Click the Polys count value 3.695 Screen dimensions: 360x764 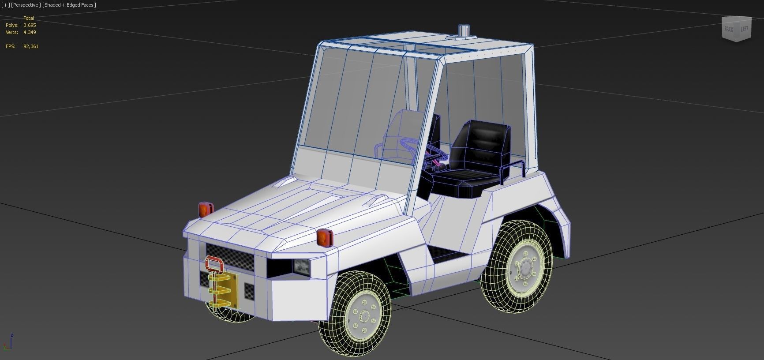[x=30, y=25]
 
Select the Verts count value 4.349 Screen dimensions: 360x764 [x=30, y=32]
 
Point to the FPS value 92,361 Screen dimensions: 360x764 [x=31, y=46]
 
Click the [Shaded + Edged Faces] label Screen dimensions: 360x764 [x=69, y=5]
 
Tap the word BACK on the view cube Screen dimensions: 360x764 [x=729, y=29]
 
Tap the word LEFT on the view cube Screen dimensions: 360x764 [x=745, y=29]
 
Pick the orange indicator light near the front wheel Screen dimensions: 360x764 [x=324, y=238]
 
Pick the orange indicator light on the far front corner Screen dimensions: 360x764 [x=205, y=209]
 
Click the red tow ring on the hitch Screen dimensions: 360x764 [x=214, y=265]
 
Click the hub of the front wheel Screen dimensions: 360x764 [x=364, y=315]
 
